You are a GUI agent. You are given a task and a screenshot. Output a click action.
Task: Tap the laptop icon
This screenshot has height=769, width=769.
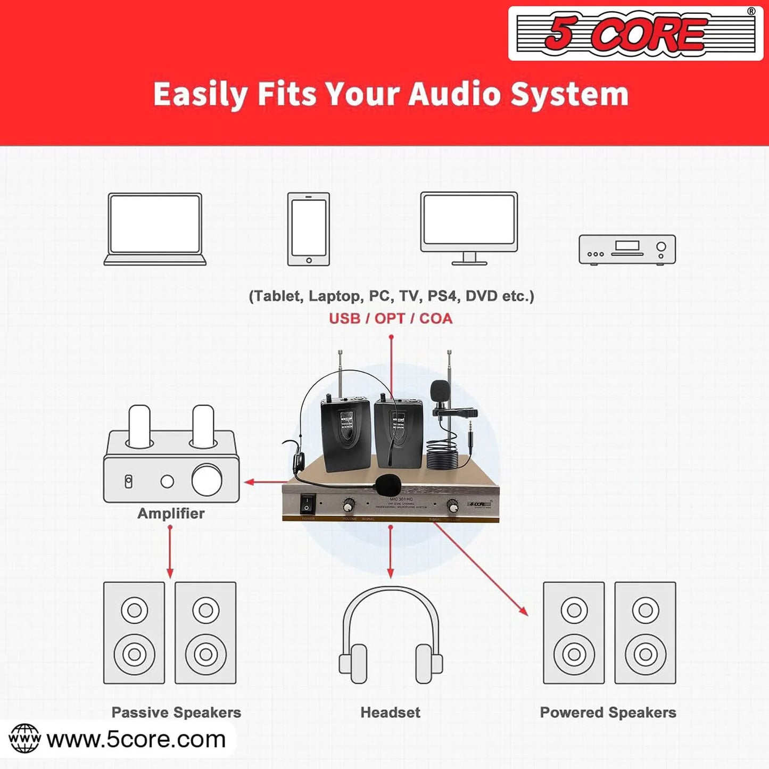pos(155,229)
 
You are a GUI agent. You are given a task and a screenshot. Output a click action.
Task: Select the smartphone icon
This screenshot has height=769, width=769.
pos(309,229)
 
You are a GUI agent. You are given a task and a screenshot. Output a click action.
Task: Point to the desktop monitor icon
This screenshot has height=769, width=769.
pos(469,228)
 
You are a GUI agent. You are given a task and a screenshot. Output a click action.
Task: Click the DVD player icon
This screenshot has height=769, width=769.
pos(627,249)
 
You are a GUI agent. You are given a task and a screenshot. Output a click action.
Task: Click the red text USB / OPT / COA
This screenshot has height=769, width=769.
pos(391,318)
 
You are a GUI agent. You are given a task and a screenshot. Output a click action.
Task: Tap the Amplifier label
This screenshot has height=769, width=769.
pos(171,513)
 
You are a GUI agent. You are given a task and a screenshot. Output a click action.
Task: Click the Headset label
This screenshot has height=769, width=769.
pos(391,712)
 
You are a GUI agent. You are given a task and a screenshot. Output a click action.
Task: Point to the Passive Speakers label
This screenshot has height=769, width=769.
pos(176,712)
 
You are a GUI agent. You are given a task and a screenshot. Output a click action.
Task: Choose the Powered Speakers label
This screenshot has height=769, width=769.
pos(608,712)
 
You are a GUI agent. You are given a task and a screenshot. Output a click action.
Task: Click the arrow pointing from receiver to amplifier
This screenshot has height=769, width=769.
pos(263,482)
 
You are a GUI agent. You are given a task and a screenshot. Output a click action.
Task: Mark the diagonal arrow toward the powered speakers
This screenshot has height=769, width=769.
pos(482,569)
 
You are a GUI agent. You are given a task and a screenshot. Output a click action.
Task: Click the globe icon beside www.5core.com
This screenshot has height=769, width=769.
pos(24,739)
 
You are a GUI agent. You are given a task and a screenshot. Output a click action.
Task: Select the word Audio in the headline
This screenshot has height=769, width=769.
pos(454,94)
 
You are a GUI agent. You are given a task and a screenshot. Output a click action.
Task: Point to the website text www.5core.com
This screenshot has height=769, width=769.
pos(136,739)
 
